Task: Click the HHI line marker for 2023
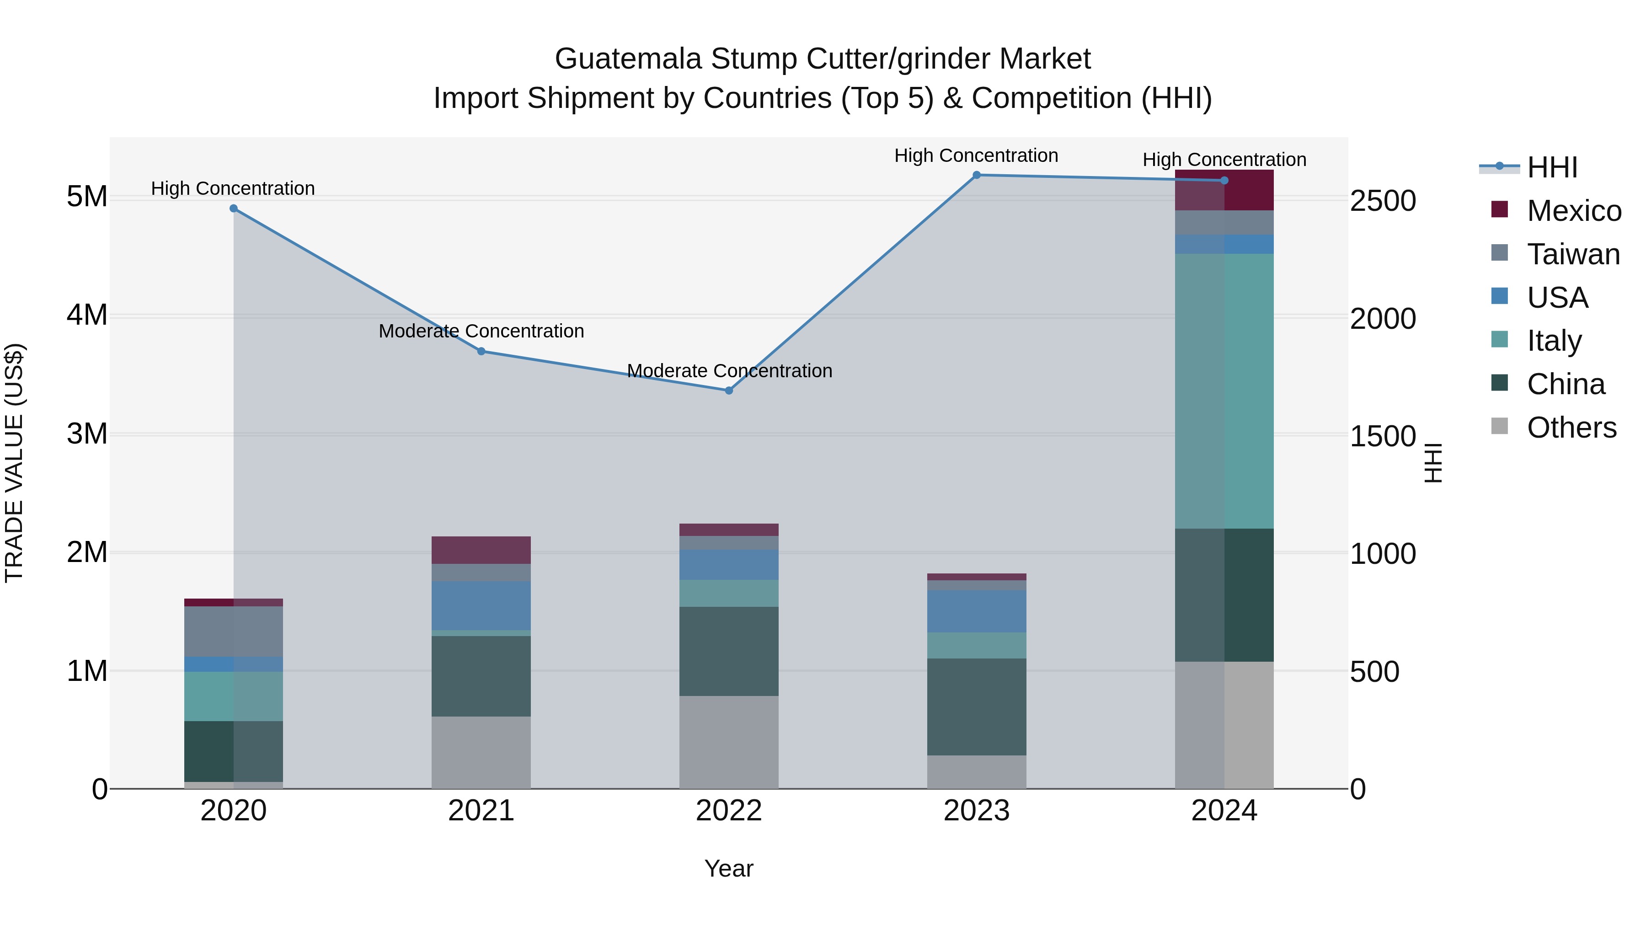point(976,175)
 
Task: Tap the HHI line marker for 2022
point(729,391)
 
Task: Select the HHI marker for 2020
point(233,209)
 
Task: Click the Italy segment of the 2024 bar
point(1224,391)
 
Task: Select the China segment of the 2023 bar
point(976,707)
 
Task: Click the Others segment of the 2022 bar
point(729,742)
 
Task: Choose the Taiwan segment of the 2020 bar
point(233,632)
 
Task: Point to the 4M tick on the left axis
point(87,315)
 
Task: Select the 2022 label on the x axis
point(729,811)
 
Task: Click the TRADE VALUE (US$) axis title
point(14,463)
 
